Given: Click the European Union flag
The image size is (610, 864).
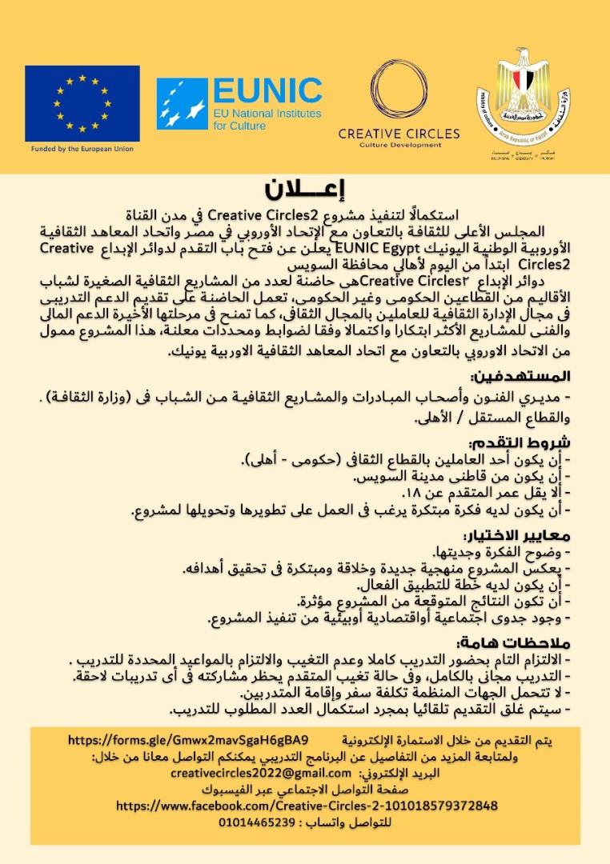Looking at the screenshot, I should pyautogui.click(x=82, y=103).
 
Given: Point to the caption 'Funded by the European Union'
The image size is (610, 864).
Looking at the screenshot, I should pyautogui.click(x=82, y=149).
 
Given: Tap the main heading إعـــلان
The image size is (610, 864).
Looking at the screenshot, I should pyautogui.click(x=304, y=191).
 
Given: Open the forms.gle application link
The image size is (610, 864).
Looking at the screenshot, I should pyautogui.click(x=189, y=738).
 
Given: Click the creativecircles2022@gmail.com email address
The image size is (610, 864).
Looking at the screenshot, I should pyautogui.click(x=261, y=773).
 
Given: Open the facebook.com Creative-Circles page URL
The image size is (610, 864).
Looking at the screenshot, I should pyautogui.click(x=307, y=806).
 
